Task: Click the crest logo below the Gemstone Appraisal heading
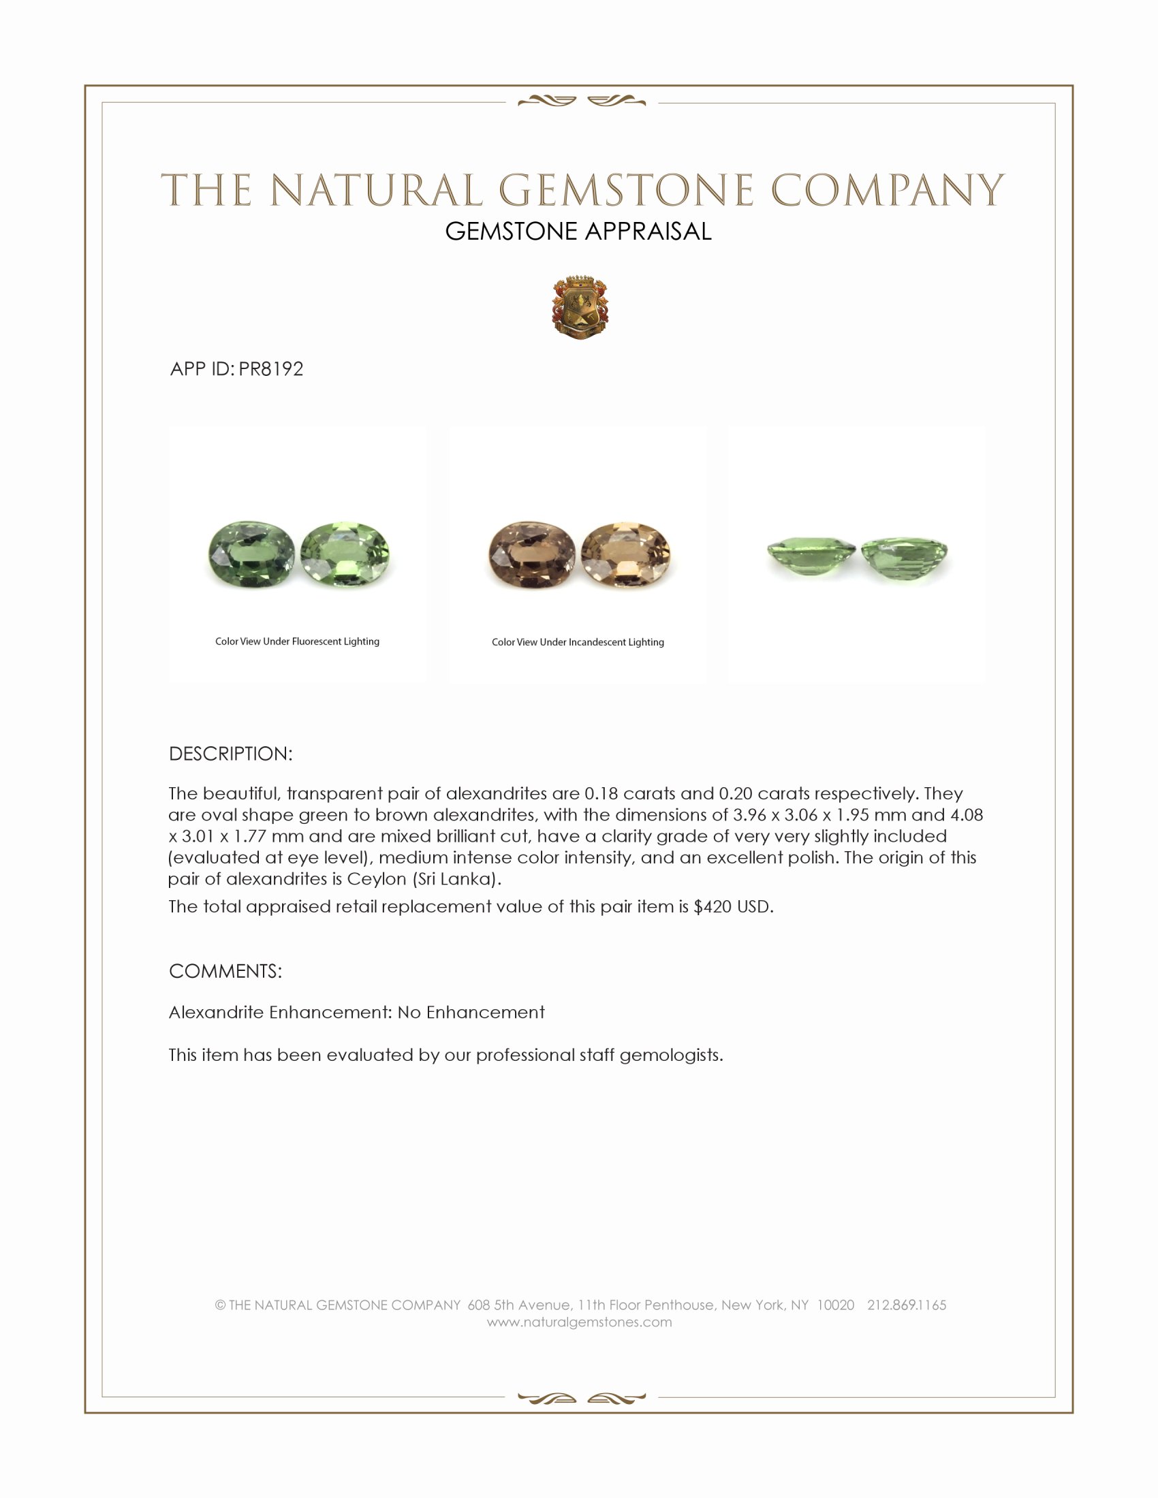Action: click(x=580, y=308)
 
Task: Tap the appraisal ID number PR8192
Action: click(x=271, y=369)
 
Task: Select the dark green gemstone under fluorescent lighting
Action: click(x=251, y=554)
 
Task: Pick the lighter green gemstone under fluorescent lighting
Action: click(x=345, y=554)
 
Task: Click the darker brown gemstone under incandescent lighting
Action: click(x=532, y=555)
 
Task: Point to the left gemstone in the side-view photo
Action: click(x=811, y=554)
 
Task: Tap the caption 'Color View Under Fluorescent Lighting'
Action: click(x=297, y=641)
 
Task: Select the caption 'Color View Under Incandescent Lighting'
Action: click(x=578, y=642)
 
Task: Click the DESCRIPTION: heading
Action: click(x=230, y=754)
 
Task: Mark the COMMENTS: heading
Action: click(x=225, y=971)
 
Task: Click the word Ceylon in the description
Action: click(x=377, y=878)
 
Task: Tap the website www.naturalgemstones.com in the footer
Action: click(x=579, y=1322)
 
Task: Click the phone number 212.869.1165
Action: click(x=906, y=1305)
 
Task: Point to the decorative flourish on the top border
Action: click(x=581, y=101)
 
